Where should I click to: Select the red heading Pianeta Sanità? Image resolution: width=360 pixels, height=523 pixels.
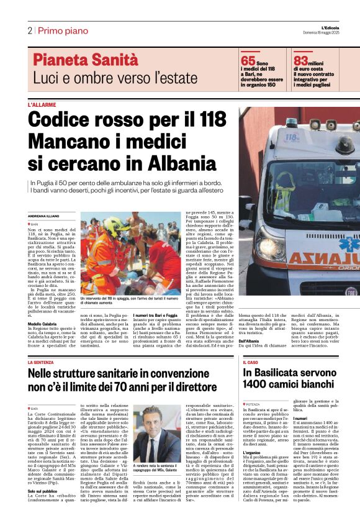pyautogui.click(x=86, y=60)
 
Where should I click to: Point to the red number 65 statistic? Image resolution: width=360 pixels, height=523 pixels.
pyautogui.click(x=248, y=61)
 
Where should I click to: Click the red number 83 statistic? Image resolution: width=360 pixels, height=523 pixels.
pyautogui.click(x=300, y=61)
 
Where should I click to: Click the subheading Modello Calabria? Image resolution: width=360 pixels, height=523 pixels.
pyautogui.click(x=42, y=324)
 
